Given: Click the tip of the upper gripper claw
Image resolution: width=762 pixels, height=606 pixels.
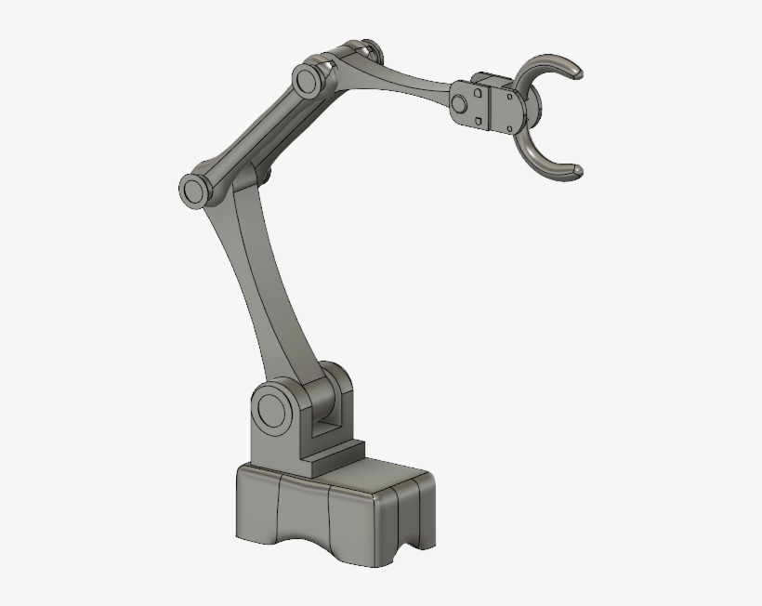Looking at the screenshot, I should tap(578, 70).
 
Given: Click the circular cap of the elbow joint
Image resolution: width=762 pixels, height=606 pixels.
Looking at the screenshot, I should tap(194, 190).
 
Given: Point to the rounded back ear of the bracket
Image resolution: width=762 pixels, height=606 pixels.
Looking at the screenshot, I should tap(336, 381).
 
